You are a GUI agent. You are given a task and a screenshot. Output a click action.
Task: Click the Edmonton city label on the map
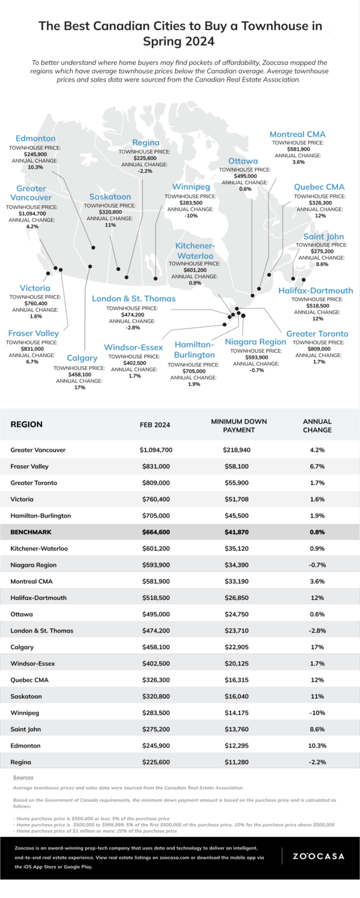point(35,139)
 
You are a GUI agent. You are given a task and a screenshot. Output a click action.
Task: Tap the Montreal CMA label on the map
point(298,134)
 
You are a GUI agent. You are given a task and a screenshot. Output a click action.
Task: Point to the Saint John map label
point(323,236)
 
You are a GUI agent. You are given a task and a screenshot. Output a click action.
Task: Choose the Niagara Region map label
point(256,342)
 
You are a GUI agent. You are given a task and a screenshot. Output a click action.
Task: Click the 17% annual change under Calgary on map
point(79,388)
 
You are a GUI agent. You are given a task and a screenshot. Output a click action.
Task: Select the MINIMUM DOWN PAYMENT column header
point(233,425)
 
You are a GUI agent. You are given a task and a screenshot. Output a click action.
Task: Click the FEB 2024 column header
point(155,425)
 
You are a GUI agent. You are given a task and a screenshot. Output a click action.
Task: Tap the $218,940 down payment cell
point(233,449)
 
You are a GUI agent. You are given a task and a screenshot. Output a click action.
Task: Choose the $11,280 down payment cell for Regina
point(233,762)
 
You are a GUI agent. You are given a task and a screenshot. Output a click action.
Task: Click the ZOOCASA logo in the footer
point(318,856)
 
